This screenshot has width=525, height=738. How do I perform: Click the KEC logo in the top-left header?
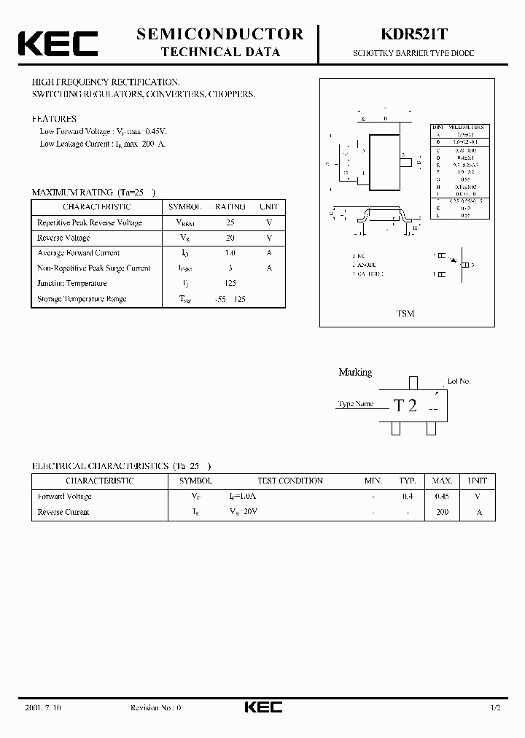(x=58, y=43)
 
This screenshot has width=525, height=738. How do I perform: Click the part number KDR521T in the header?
(x=421, y=34)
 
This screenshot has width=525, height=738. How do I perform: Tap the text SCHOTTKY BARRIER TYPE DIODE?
(x=421, y=54)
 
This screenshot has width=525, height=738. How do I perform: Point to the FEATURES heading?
(x=54, y=118)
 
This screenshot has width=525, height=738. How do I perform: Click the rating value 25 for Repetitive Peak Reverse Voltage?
(x=230, y=222)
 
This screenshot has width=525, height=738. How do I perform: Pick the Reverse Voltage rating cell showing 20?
(x=230, y=238)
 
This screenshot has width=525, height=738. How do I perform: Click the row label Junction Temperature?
(x=72, y=284)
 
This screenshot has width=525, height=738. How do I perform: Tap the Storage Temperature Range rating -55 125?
(x=230, y=299)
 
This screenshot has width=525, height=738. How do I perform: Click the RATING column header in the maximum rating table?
(x=230, y=207)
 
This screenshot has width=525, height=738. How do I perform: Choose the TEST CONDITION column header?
(x=290, y=481)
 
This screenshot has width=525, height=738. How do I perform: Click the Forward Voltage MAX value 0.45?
(x=442, y=497)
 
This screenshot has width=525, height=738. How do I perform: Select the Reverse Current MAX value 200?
(x=442, y=512)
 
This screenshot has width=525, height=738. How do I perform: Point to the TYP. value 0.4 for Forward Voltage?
(x=408, y=497)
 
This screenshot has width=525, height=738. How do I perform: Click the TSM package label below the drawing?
(x=405, y=314)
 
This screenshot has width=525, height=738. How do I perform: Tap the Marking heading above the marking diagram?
(x=355, y=373)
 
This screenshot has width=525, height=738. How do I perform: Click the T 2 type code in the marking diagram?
(x=405, y=406)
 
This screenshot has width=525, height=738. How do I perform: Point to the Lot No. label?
(x=459, y=381)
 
